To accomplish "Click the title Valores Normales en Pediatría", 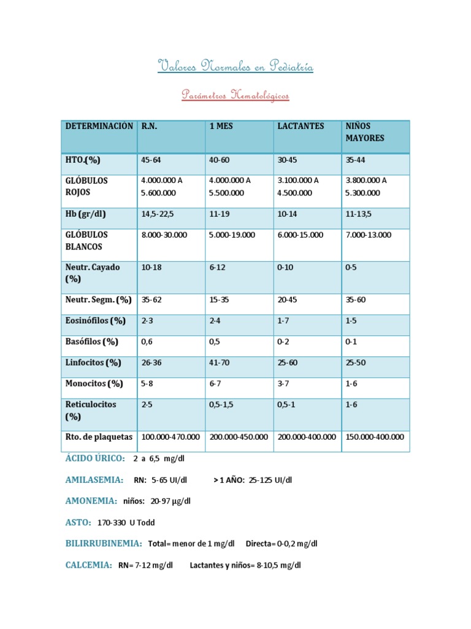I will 235,66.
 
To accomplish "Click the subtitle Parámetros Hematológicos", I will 235,96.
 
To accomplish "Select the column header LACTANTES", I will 301,126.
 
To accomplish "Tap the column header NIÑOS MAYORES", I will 365,132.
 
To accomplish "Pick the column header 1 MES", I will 221,126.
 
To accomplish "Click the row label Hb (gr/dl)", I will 86,214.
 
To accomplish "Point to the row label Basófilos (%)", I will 91,342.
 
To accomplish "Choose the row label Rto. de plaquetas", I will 99,437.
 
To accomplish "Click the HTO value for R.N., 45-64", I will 151,160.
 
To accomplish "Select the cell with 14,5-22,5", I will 158,214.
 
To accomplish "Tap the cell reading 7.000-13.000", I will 368,235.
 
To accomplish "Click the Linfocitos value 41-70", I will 219,363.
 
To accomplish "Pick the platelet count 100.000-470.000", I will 170,437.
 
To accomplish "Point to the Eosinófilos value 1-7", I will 283,321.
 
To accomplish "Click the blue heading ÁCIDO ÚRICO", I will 95,458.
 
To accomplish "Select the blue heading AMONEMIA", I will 91,501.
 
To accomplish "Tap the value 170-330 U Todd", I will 126,523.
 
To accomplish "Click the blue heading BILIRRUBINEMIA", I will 104,544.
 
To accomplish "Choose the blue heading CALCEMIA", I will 89,565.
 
